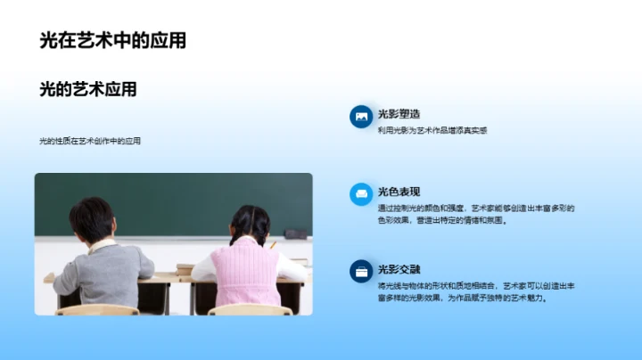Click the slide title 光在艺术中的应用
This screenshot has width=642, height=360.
click(x=112, y=40)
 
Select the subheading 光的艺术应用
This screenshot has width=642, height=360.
click(x=88, y=89)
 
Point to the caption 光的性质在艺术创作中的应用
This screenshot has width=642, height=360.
click(x=90, y=141)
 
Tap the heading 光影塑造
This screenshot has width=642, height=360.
click(x=399, y=114)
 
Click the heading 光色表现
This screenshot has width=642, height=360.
click(x=399, y=192)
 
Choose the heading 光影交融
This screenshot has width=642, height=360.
click(x=399, y=269)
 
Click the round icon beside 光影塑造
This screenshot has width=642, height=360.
click(x=361, y=117)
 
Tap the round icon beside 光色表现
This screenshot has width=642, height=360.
click(x=361, y=194)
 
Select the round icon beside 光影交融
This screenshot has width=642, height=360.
click(x=361, y=271)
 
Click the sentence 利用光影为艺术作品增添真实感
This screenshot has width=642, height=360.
click(x=432, y=130)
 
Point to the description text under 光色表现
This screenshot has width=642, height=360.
click(x=475, y=214)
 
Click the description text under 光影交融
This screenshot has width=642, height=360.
click(x=475, y=291)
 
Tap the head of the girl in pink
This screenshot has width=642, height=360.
click(x=250, y=225)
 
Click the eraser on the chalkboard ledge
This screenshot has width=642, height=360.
click(x=295, y=233)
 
